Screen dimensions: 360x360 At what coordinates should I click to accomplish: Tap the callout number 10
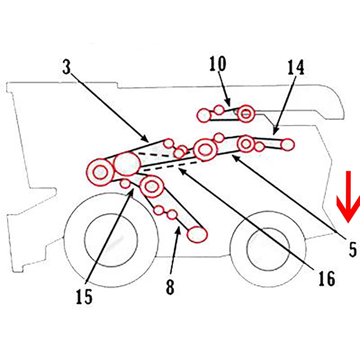(218, 64)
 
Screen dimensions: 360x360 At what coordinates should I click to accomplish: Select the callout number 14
(296, 67)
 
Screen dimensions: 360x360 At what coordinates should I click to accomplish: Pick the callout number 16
(327, 278)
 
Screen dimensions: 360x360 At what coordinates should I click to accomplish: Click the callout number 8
(170, 287)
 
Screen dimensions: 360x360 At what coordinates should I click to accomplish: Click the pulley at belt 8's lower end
(197, 234)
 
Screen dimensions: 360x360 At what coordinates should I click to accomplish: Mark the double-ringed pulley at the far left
(100, 172)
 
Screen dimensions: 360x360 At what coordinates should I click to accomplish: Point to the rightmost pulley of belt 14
(287, 144)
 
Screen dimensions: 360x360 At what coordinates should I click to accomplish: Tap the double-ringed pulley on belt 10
(246, 114)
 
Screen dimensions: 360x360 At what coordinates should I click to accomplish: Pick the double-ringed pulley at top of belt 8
(152, 186)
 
